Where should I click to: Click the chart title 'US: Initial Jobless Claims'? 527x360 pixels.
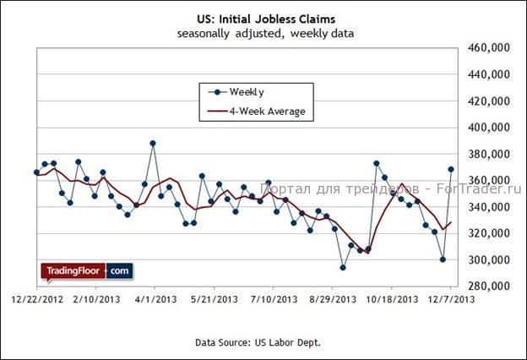pyautogui.click(x=265, y=19)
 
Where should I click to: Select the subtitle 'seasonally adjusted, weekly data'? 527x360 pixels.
pyautogui.click(x=265, y=34)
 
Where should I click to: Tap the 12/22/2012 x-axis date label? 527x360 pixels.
pyautogui.click(x=36, y=299)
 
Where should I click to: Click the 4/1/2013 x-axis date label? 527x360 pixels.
pyautogui.click(x=153, y=299)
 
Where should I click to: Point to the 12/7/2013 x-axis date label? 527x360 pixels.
pyautogui.click(x=448, y=299)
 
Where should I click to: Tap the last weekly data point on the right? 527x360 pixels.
pyautogui.click(x=451, y=169)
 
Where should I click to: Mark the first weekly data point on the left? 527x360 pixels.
pyautogui.click(x=36, y=172)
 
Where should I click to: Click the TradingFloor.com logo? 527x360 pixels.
pyautogui.click(x=86, y=271)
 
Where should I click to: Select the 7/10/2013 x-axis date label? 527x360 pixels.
pyautogui.click(x=272, y=299)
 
